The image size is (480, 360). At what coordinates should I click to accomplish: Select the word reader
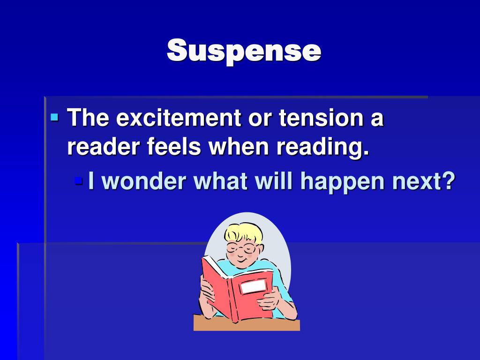(x=104, y=148)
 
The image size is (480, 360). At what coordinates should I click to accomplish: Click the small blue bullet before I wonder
(x=78, y=180)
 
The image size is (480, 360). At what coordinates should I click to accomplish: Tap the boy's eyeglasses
(x=241, y=247)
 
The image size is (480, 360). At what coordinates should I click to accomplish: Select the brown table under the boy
(x=246, y=325)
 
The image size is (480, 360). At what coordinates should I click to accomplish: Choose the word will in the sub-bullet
(x=277, y=181)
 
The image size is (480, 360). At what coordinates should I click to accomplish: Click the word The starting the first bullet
(x=88, y=118)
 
